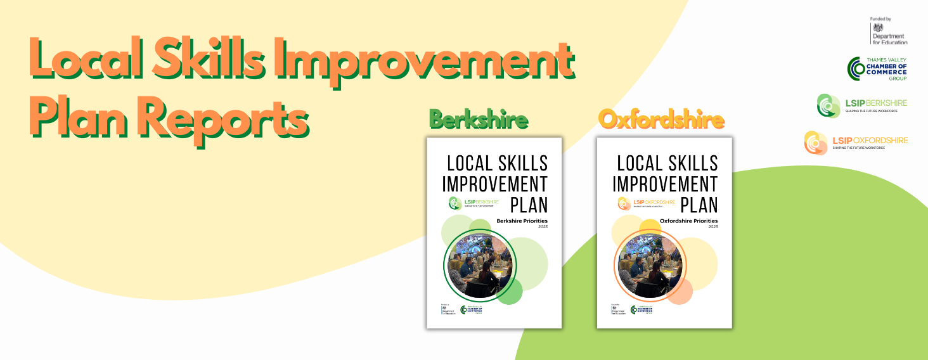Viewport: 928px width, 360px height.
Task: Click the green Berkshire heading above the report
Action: (x=479, y=120)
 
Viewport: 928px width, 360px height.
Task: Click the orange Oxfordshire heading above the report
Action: (x=661, y=120)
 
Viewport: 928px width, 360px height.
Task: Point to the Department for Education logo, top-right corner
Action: (x=889, y=31)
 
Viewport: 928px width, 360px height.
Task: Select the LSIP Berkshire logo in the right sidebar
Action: (x=861, y=105)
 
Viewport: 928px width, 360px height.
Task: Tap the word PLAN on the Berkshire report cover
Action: (x=529, y=205)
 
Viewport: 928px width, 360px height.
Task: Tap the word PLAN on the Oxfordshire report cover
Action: (x=699, y=205)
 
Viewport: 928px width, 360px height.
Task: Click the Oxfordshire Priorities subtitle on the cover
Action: (x=688, y=221)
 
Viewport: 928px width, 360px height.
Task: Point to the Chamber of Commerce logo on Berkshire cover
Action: (x=472, y=310)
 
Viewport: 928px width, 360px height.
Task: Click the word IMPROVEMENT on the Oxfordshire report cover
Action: (x=665, y=184)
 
